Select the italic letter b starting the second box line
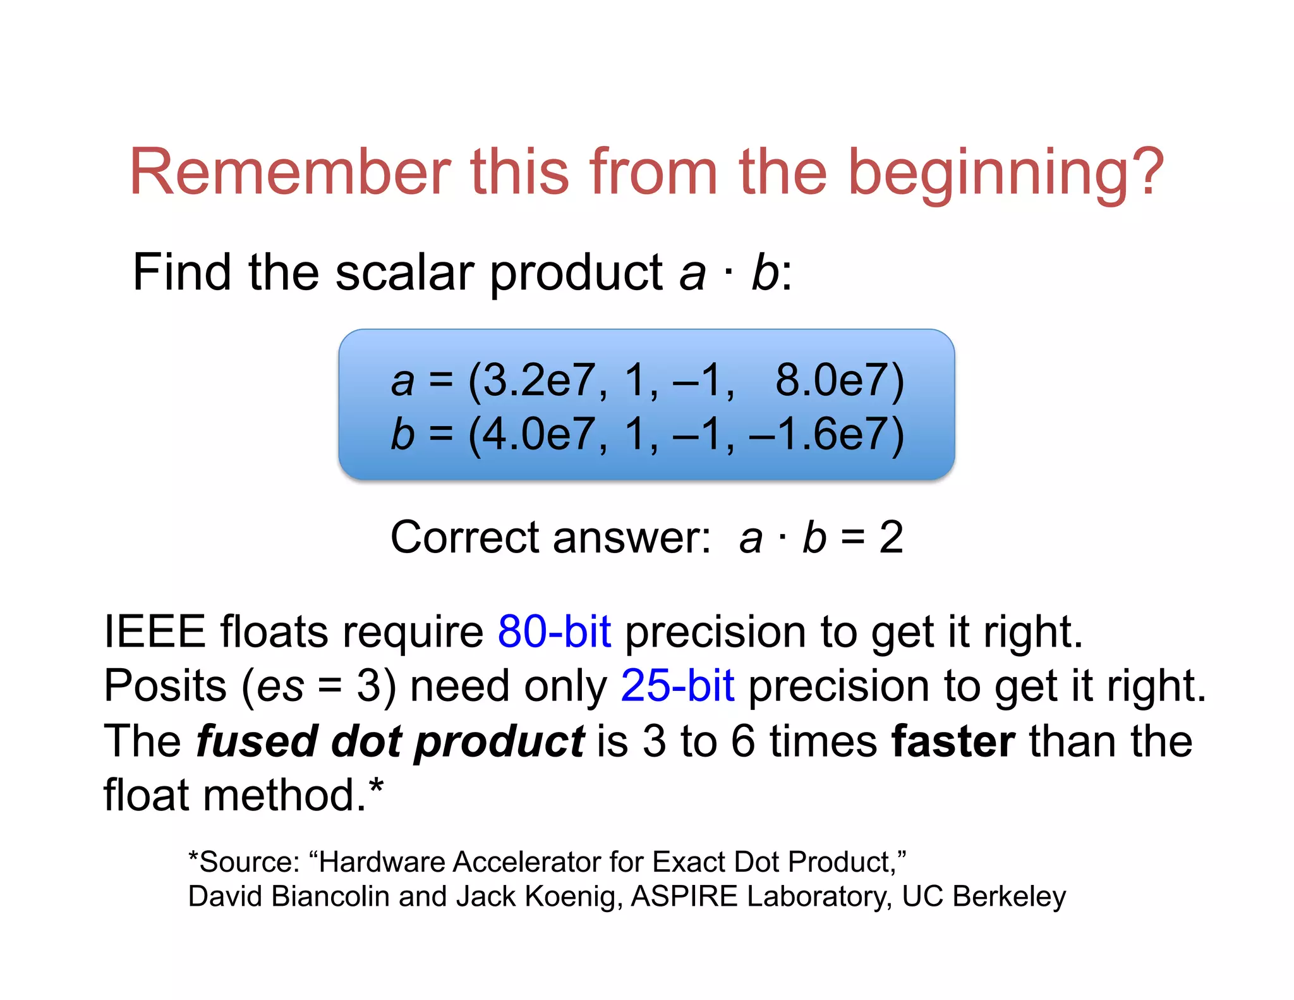(x=402, y=435)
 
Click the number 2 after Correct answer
(x=891, y=538)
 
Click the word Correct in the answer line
(x=464, y=538)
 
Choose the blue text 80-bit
(x=554, y=631)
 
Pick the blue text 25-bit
(x=677, y=686)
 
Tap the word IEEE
(x=155, y=631)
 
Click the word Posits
(x=165, y=686)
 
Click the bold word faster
(x=953, y=741)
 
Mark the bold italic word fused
(x=257, y=741)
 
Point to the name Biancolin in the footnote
(x=330, y=896)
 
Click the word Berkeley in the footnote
(x=1009, y=896)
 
